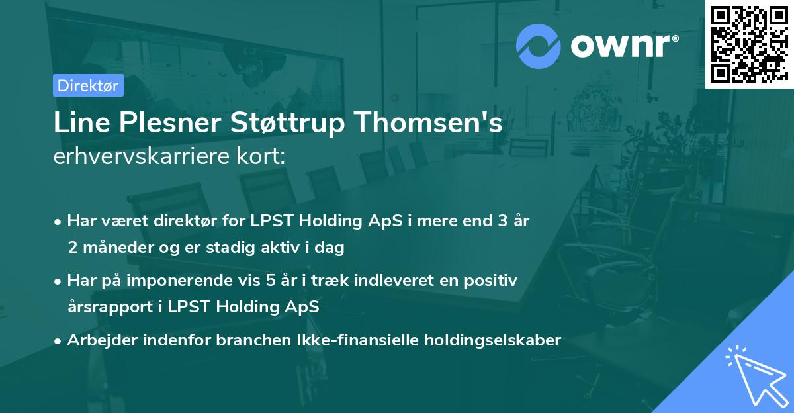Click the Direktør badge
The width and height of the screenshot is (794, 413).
88,85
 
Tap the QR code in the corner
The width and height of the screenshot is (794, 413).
749,44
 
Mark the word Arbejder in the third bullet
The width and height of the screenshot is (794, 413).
99,340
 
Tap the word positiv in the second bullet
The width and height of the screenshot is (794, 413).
493,281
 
